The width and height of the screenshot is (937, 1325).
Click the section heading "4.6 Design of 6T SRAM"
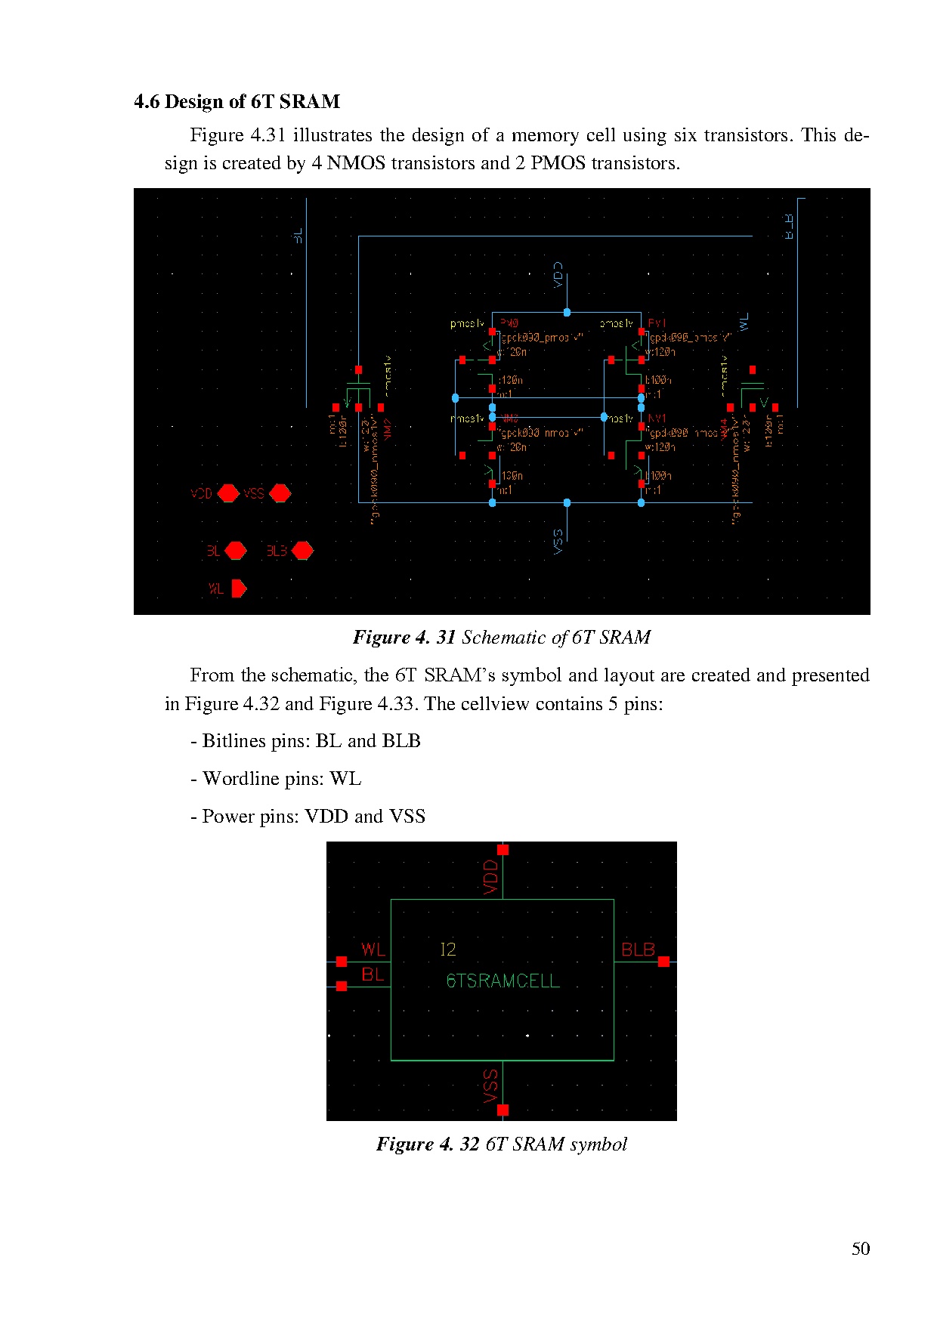(x=237, y=102)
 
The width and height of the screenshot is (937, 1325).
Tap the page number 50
(x=860, y=1249)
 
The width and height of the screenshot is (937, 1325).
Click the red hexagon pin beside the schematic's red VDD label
(x=228, y=493)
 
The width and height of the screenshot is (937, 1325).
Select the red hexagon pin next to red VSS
(x=280, y=493)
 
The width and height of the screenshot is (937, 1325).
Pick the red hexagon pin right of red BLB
(x=302, y=551)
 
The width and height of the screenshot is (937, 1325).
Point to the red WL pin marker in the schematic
(x=239, y=588)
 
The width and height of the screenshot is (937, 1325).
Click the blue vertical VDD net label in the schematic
(x=558, y=275)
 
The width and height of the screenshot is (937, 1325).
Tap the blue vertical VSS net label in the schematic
(x=558, y=541)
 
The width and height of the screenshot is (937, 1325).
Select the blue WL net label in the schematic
(x=744, y=322)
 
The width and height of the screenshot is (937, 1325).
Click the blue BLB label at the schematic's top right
(x=789, y=227)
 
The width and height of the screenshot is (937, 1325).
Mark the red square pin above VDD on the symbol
(x=503, y=850)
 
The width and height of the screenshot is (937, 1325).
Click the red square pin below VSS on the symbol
(x=503, y=1110)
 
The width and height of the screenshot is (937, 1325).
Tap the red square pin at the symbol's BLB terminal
(x=663, y=962)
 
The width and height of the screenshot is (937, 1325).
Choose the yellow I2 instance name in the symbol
(x=448, y=950)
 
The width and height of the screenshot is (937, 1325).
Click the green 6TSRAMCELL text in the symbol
(x=503, y=981)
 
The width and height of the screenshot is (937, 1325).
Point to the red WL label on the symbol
(x=373, y=950)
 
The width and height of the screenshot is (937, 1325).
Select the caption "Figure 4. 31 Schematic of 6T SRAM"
(x=502, y=638)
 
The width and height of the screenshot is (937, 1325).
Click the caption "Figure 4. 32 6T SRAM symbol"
(x=502, y=1144)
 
